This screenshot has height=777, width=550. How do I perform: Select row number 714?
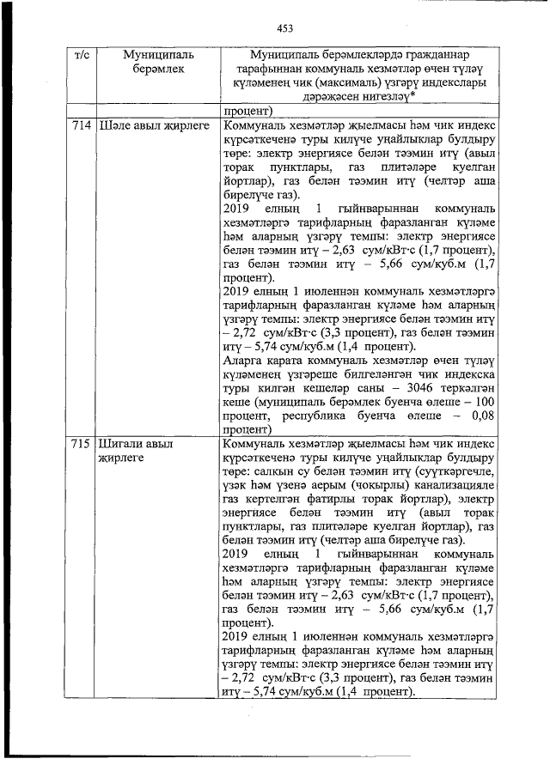tap(82, 125)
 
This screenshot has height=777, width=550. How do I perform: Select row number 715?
tap(82, 445)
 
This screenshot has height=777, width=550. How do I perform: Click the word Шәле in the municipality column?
tap(117, 125)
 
